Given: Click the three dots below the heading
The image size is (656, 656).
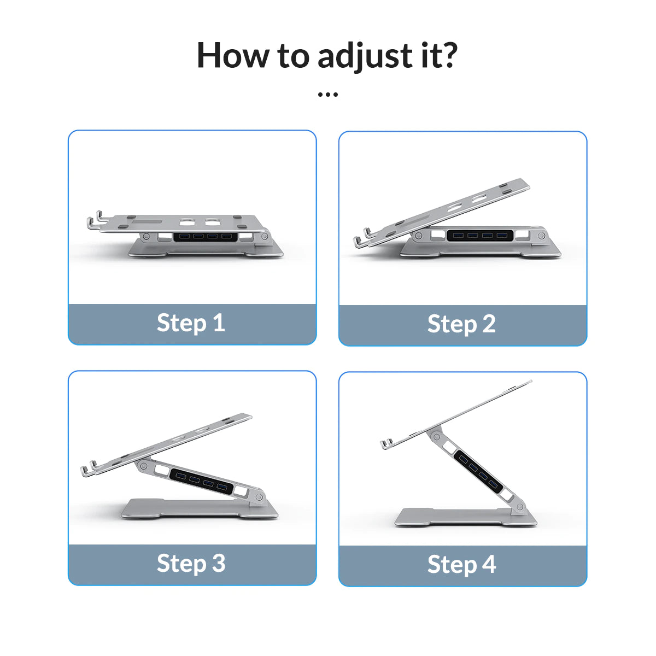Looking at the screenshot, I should pos(327,95).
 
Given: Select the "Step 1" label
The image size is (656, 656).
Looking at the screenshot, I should pos(191,323).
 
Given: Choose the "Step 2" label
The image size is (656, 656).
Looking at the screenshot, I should pos(461,324).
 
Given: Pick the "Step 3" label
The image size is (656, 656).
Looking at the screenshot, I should pos(191,564).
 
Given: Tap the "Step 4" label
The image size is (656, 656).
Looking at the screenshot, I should pos(461,565).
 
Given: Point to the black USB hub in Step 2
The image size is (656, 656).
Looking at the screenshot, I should pos(480,236).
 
